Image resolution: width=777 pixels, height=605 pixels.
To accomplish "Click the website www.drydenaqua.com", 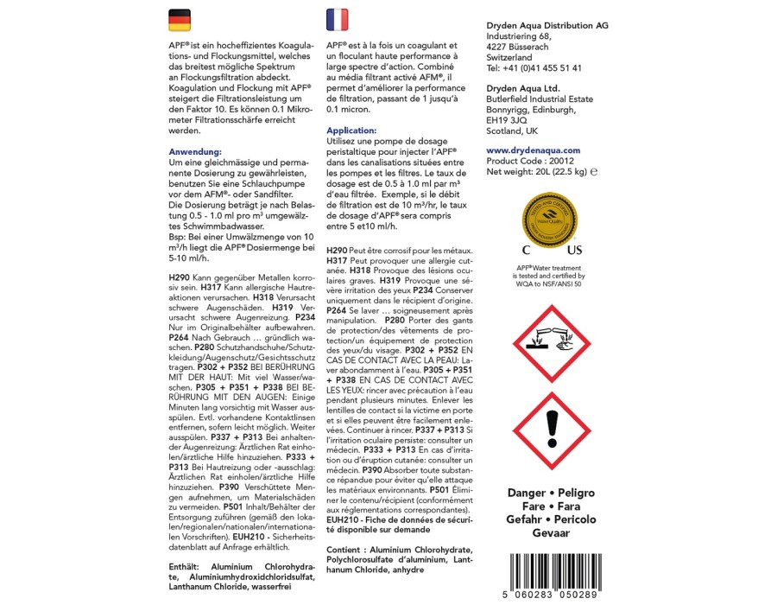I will pos(534,150).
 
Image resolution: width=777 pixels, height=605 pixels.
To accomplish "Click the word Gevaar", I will pos(551,533).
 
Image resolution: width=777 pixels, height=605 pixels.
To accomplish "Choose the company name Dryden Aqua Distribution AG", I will pos(547,26).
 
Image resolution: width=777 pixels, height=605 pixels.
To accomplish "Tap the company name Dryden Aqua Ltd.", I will pos(523,88).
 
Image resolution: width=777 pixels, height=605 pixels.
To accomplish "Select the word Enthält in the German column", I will pos(187,567).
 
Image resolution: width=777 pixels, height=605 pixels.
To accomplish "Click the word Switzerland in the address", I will pos(509,57).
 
